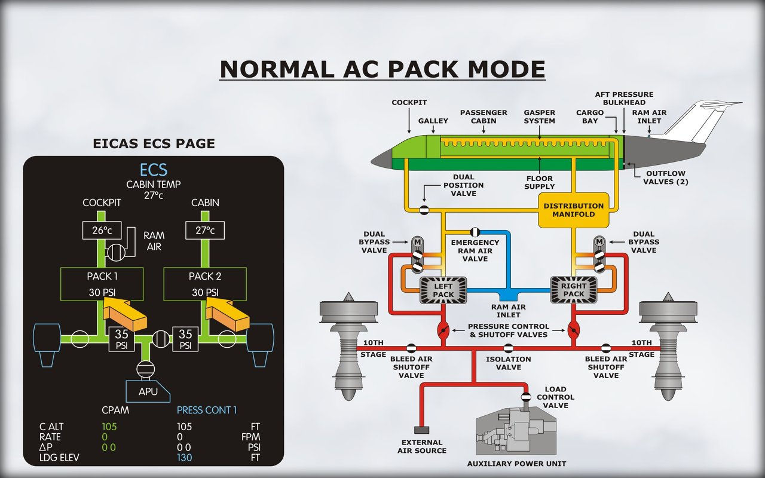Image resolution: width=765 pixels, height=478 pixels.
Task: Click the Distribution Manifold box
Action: coord(573,210)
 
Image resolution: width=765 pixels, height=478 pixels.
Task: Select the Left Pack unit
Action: coord(443,290)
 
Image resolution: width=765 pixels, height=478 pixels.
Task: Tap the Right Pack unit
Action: coord(573,290)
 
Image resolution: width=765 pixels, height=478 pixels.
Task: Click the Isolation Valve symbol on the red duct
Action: coord(508,348)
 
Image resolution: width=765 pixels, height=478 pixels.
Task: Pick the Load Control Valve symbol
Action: coord(526,397)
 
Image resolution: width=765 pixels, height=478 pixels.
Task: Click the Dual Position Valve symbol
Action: coord(424,210)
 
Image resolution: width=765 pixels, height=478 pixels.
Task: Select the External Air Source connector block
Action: coord(421,430)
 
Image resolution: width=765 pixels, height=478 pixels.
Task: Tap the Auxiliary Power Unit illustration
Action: coord(515,434)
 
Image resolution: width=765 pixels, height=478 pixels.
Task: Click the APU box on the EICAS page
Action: coord(148,391)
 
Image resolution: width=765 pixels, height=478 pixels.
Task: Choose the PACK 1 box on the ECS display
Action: coord(102,284)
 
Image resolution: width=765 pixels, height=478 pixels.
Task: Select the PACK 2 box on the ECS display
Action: coord(206,284)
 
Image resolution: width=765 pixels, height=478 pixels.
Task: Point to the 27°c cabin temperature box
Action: coord(206,231)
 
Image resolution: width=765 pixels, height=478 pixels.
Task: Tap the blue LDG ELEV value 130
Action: coord(184,458)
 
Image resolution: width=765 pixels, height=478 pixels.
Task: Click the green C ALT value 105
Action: coord(109,427)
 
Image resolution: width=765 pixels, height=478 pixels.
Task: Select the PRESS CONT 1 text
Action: coord(207,410)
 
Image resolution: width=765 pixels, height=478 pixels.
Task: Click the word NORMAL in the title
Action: coord(276,69)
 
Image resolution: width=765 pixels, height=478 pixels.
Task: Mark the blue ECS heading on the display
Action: coord(153,170)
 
